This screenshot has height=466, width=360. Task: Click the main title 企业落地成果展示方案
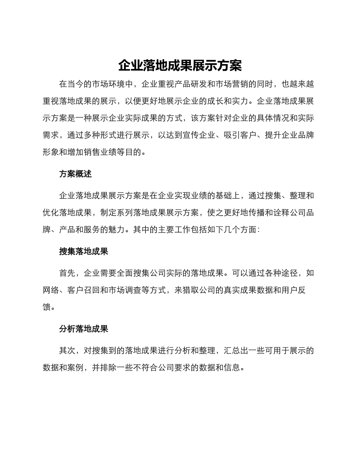tap(180, 66)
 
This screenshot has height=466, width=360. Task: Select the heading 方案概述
tap(75, 174)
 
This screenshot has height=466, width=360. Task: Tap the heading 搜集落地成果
tap(84, 251)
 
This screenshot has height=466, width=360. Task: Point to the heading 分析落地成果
tap(84, 329)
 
